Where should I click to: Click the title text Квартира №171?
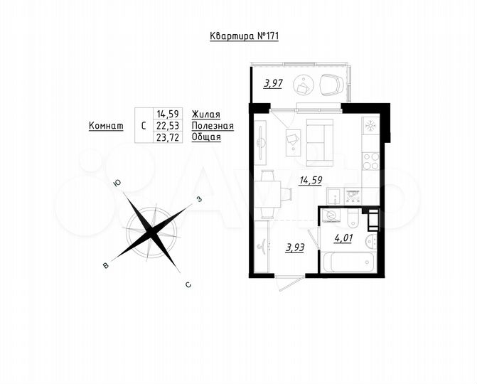click(238, 37)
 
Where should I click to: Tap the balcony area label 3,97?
click(274, 83)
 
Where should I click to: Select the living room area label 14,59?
click(310, 180)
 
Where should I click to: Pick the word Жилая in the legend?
click(206, 114)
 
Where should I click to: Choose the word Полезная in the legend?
click(213, 125)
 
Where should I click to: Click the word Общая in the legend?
click(207, 137)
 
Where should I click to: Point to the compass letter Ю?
click(117, 183)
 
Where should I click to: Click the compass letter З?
click(200, 199)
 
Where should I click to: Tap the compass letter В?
click(106, 265)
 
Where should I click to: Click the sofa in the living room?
click(319, 140)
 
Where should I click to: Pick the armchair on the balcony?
click(331, 85)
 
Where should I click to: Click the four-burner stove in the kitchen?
click(370, 161)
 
